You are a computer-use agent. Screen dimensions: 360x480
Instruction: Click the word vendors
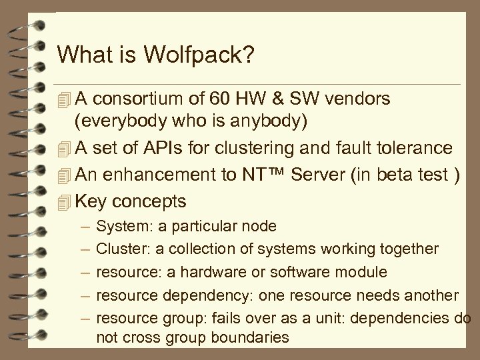click(361, 99)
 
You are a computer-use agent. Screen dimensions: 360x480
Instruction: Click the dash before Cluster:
click(83, 249)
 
